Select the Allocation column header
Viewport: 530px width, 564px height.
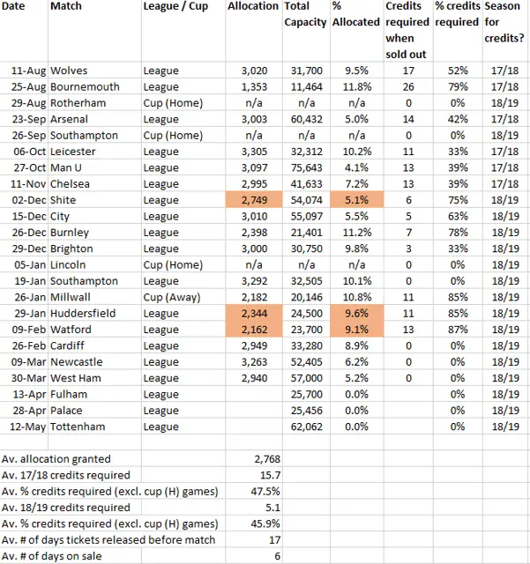(x=252, y=7)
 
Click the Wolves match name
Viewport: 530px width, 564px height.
(x=70, y=70)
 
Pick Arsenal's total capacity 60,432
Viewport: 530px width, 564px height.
(x=307, y=118)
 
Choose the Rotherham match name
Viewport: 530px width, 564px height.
(x=78, y=102)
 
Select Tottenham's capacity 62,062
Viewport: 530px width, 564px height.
(x=307, y=427)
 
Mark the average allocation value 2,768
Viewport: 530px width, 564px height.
(x=263, y=459)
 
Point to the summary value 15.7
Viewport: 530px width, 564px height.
(x=268, y=475)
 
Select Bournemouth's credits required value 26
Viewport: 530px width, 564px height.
(x=407, y=86)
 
